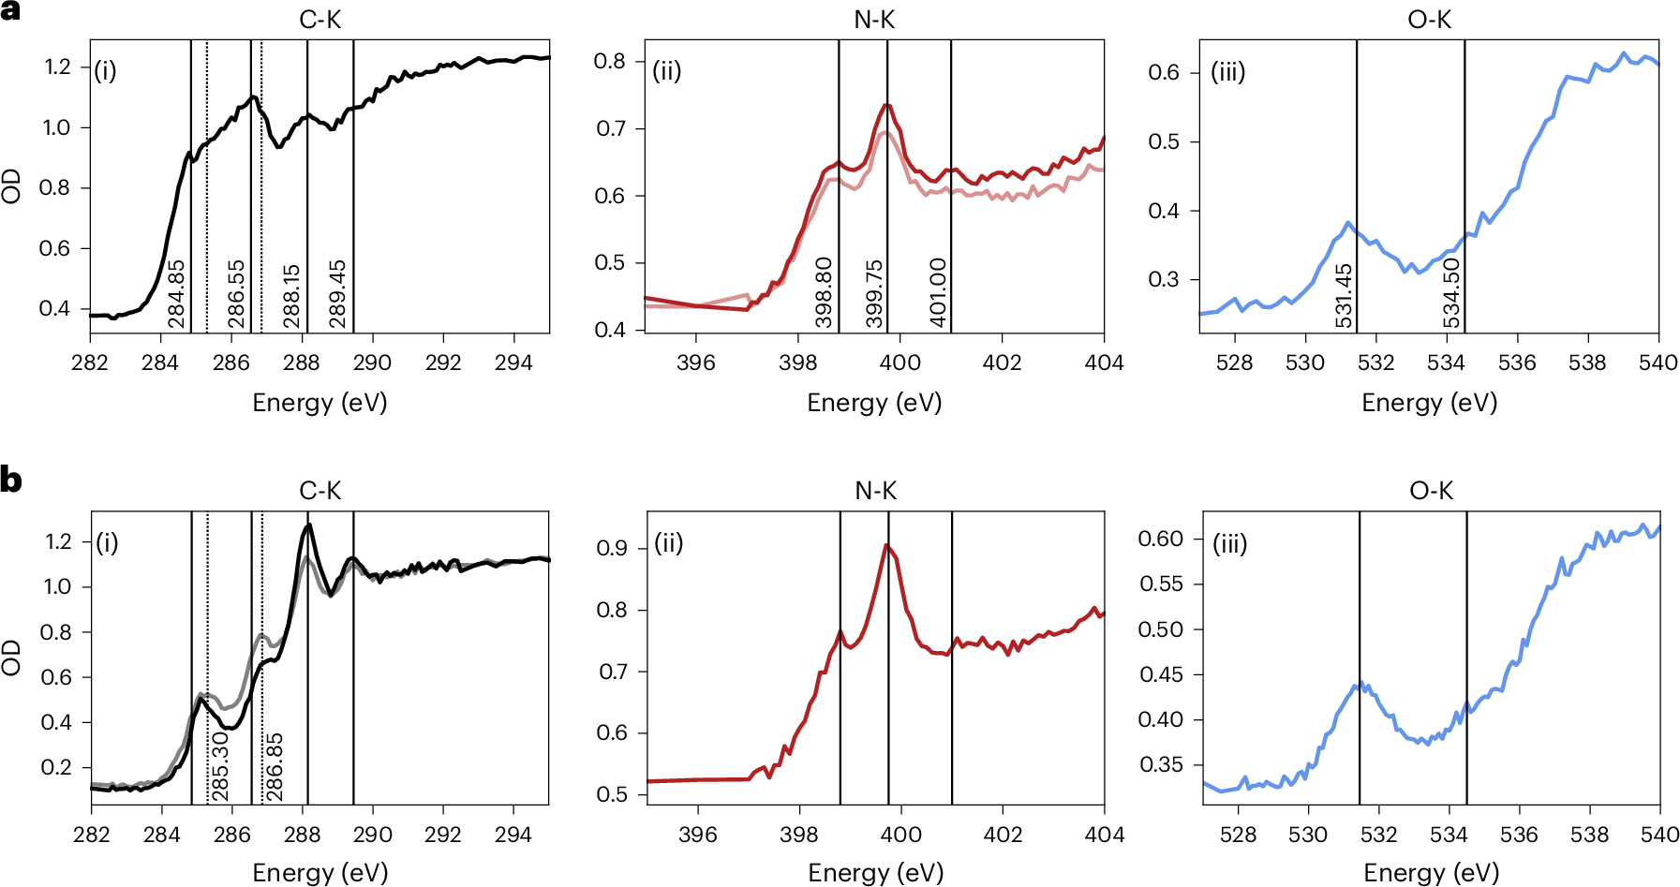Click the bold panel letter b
(10, 480)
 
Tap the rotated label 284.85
(177, 294)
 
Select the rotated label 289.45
(338, 294)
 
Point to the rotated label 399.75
(874, 294)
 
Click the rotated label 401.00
(938, 292)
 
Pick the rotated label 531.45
(1344, 296)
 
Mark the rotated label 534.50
(1451, 293)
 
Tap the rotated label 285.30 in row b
(220, 766)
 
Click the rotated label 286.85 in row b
(275, 766)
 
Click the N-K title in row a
(874, 20)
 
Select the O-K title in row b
(1431, 491)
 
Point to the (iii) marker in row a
(1227, 71)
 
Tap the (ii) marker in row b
(668, 542)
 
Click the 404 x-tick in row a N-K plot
(1104, 362)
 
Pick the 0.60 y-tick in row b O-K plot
(1160, 539)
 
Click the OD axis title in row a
(11, 186)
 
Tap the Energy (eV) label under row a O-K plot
(1429, 403)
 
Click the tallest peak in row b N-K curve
(885, 545)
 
